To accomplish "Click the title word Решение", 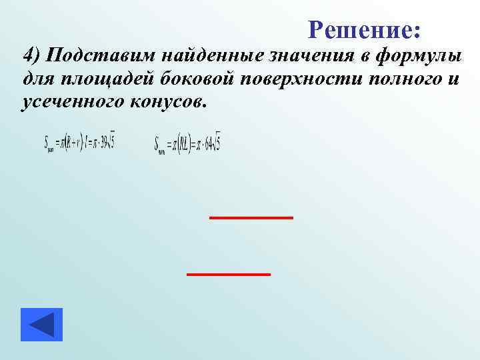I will (x=364, y=29).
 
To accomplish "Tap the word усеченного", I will (x=75, y=102).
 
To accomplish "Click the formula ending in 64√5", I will (x=187, y=143).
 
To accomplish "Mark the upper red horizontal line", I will (x=251, y=217).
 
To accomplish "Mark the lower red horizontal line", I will (x=229, y=274).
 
